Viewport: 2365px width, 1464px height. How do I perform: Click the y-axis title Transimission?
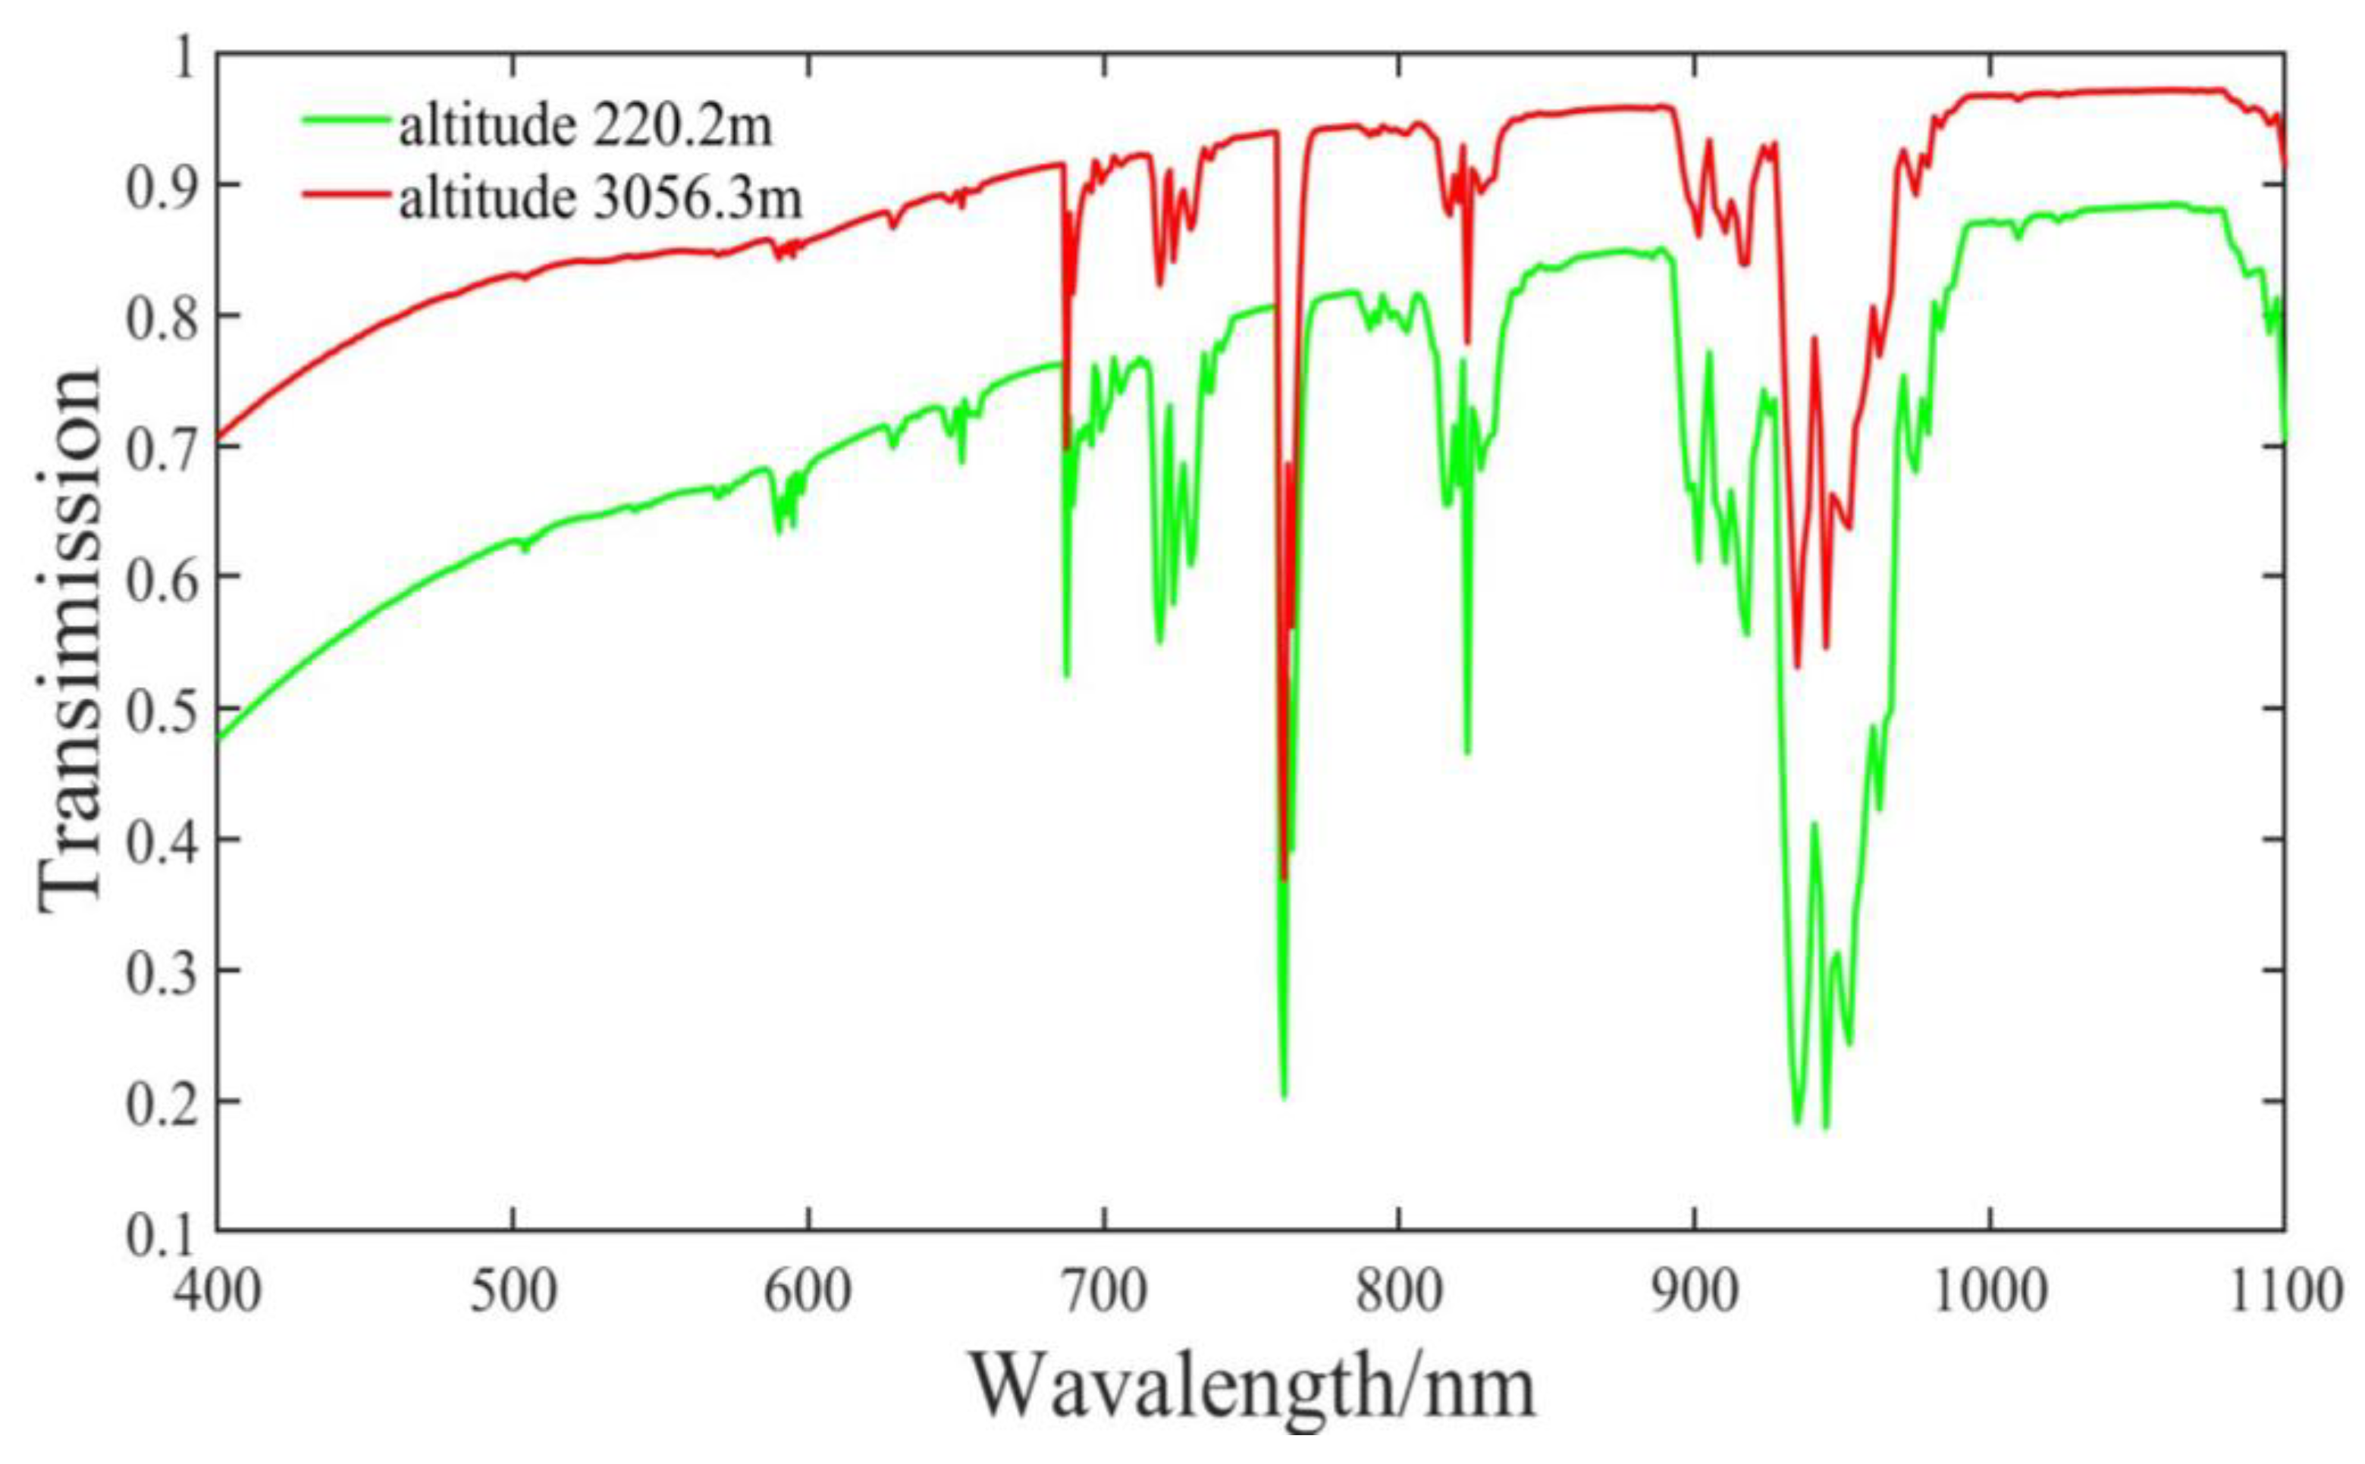point(70,639)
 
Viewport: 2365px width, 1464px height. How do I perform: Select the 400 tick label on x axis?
point(218,1293)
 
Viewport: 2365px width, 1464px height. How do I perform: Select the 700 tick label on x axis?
point(1103,1293)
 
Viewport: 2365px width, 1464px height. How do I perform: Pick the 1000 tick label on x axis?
point(1990,1293)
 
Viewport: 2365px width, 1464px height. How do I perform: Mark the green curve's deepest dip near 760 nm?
point(1284,1096)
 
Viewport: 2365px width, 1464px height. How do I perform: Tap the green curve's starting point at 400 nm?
point(219,738)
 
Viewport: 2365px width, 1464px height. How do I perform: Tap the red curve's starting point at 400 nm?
point(219,437)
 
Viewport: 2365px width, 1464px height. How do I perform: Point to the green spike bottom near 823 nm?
point(1466,752)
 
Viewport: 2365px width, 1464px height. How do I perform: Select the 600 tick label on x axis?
point(808,1293)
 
